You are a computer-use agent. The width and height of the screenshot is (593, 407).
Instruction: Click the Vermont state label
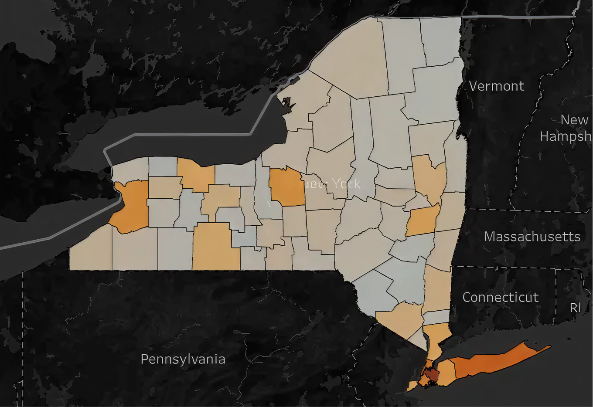[x=497, y=86]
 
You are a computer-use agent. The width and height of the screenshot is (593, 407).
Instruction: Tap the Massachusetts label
[x=532, y=237]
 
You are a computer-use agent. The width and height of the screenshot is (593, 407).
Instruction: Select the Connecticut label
[x=500, y=297]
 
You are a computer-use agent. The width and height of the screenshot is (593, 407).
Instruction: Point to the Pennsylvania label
[x=183, y=359]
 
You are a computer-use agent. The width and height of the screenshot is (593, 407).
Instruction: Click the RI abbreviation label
[x=575, y=308]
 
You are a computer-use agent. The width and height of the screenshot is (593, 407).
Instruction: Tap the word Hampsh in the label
[x=566, y=136]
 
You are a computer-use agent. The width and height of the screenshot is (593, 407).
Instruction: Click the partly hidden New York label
[x=334, y=183]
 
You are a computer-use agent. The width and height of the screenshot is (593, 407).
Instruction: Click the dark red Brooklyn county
[x=432, y=373]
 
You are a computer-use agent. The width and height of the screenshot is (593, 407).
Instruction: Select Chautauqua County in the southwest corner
[x=91, y=251]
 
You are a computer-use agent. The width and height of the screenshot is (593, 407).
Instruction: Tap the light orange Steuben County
[x=215, y=246]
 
